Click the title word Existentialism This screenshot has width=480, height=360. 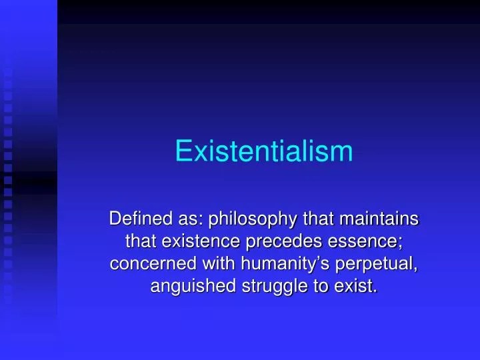(x=263, y=151)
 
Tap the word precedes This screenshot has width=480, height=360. (x=279, y=242)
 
